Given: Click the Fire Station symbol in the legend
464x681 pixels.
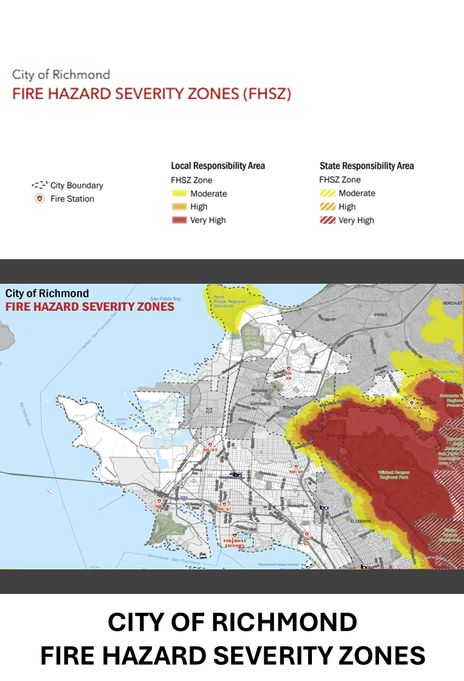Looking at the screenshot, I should [x=40, y=199].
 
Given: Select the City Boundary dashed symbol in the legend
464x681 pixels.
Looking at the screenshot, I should [x=40, y=185].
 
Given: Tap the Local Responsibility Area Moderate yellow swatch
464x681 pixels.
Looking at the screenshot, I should [x=179, y=193].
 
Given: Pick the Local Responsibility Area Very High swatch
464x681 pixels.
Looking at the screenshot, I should [x=179, y=220].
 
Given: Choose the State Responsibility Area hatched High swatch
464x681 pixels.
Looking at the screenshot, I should [x=327, y=207].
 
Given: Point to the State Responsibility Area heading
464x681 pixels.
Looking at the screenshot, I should [x=367, y=166].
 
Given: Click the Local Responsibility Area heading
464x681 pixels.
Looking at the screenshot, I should [x=218, y=166].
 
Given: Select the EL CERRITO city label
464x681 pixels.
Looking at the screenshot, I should [x=362, y=520].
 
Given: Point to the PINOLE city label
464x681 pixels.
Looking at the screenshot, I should [x=381, y=316].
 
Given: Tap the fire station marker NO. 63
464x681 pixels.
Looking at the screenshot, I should [x=411, y=405].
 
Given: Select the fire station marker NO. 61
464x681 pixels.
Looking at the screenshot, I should [x=158, y=504].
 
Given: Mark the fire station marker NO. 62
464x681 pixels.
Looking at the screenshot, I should [x=210, y=446].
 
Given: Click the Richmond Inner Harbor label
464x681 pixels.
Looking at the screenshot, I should [x=280, y=564].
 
